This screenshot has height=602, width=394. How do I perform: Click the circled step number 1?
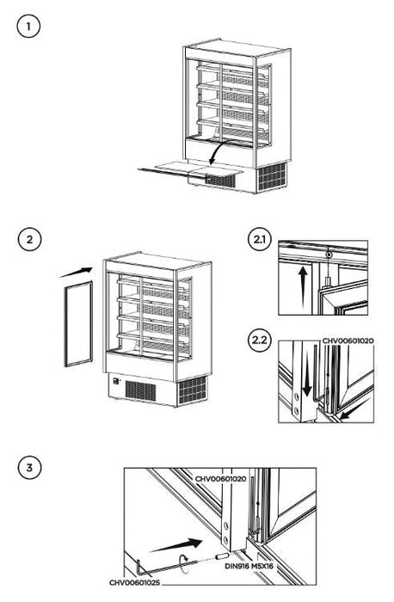point(30,28)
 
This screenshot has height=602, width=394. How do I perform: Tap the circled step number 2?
point(30,238)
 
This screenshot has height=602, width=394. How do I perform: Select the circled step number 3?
point(30,468)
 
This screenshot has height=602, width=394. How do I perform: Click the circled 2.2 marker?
point(257,338)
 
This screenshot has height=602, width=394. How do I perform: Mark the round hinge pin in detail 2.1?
point(329,254)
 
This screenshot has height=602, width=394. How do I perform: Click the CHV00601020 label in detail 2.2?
point(348,341)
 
